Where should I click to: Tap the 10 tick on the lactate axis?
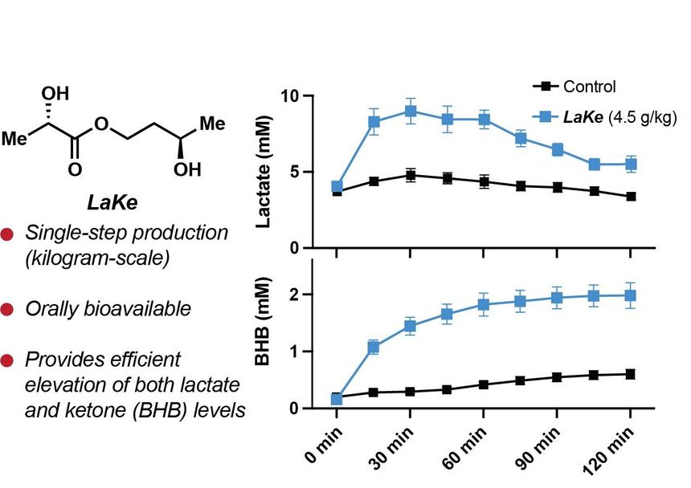[x=288, y=96]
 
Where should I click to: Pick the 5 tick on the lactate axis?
[x=294, y=173]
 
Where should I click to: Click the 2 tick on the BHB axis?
[x=295, y=295]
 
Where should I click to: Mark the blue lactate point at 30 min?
[x=411, y=112]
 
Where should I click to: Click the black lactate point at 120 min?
[x=631, y=197]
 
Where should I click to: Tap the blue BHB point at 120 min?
[x=631, y=295]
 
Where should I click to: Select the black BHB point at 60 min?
[x=484, y=384]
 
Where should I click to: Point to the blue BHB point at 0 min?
[x=337, y=398]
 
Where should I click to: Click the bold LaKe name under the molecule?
[x=115, y=203]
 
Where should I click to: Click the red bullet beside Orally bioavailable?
[x=8, y=309]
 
